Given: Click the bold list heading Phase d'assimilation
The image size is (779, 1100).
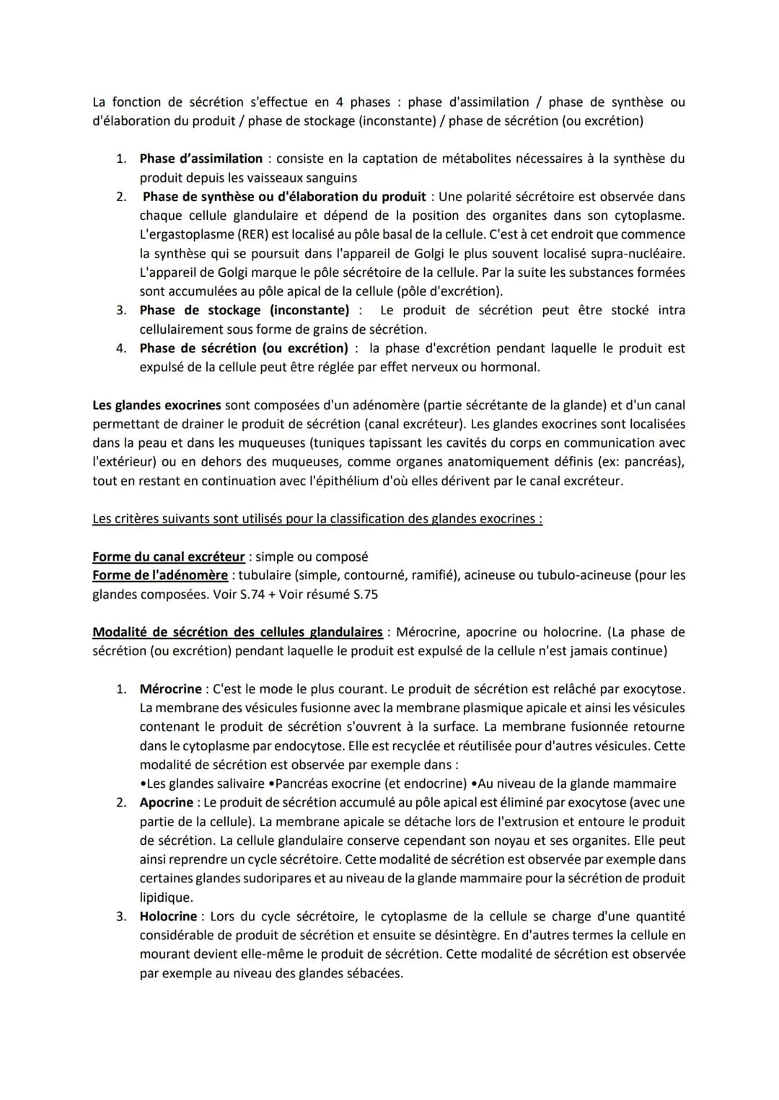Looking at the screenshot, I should point(201,159).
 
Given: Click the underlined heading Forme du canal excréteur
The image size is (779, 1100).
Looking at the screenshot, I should point(169,556).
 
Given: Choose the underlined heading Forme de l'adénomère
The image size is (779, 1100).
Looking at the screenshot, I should point(160,575).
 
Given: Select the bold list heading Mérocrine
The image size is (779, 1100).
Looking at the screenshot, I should point(170,689).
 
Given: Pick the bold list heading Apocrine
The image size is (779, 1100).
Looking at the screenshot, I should point(167,802).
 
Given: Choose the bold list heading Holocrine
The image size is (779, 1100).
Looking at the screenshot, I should point(168,916).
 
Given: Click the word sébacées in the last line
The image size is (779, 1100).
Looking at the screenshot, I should point(374,973).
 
